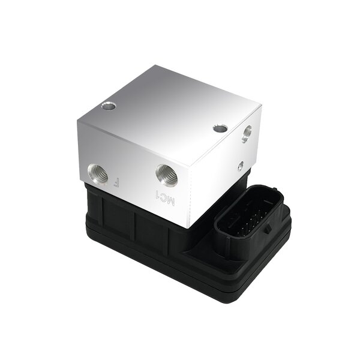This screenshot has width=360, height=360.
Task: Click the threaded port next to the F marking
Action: coord(98,174)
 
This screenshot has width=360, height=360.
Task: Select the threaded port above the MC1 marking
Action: coord(166,175)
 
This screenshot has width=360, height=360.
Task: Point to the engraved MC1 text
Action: coord(164,199)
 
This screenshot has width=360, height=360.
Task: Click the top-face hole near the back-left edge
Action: coord(108,106)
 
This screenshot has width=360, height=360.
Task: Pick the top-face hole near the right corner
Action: coord(220,128)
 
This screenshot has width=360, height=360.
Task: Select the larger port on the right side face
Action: coord(246,134)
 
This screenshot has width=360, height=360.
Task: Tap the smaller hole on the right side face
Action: coord(240,165)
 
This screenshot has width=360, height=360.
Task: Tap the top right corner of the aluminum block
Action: coord(263,106)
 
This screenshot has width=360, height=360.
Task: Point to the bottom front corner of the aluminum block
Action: coord(187,228)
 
